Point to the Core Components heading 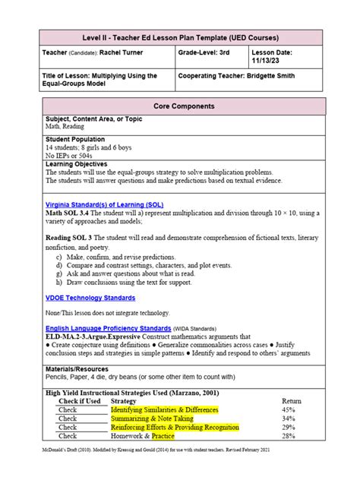click(x=179, y=106)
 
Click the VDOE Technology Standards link click(x=90, y=298)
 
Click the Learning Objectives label click(x=77, y=164)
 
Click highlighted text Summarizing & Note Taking click(x=152, y=418)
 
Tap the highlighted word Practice click(x=163, y=437)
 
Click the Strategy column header click(x=123, y=400)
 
